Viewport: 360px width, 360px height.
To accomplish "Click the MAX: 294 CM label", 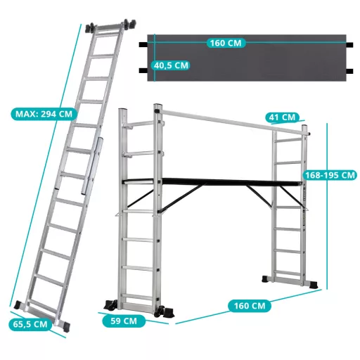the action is [x=44, y=114].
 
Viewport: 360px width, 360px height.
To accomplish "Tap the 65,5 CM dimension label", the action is [x=30, y=324].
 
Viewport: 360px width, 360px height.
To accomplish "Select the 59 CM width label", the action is [x=124, y=321].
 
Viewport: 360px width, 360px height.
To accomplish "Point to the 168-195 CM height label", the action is [x=330, y=175].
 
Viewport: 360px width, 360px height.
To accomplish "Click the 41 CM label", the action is [x=283, y=117].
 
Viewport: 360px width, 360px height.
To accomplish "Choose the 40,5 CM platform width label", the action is [x=171, y=65].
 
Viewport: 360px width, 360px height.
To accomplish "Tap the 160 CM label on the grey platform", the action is [x=226, y=43].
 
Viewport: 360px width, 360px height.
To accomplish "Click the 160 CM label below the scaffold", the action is [x=250, y=306].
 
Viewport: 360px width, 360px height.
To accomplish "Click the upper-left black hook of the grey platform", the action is [x=143, y=44].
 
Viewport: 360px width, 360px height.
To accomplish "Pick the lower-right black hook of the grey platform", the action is [x=349, y=71].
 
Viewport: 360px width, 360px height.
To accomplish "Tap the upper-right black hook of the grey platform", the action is [x=349, y=44].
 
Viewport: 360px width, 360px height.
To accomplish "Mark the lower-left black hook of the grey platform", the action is [x=143, y=70].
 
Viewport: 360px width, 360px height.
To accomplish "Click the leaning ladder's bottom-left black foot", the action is [x=18, y=305].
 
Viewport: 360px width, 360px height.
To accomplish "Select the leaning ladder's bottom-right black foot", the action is [x=65, y=326].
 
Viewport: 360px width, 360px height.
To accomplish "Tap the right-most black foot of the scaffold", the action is [x=314, y=284].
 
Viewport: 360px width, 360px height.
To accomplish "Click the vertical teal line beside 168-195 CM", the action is [x=327, y=206].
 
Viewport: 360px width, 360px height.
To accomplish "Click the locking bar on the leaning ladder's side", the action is [x=92, y=166].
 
